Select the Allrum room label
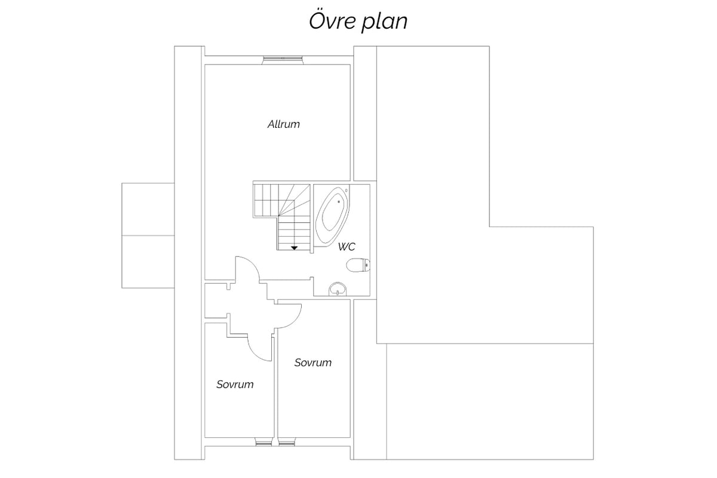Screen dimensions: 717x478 [x=284, y=124]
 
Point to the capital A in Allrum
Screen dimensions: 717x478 [x=271, y=124]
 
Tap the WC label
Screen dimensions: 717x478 [x=347, y=247]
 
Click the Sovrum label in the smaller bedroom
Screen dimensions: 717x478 [x=235, y=385]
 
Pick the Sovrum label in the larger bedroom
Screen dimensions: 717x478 [x=313, y=363]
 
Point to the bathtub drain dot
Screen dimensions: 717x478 [x=339, y=202]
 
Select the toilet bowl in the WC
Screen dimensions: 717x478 [x=356, y=265]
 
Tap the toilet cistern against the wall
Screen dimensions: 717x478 [x=367, y=265]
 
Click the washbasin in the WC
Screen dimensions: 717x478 [x=338, y=289]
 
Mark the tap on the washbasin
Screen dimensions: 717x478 [x=338, y=292]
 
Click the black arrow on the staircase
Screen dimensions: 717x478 [x=294, y=248]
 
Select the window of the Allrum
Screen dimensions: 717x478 [x=283, y=60]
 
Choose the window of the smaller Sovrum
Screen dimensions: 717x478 [x=263, y=442]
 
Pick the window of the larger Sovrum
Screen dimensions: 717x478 [x=287, y=442]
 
